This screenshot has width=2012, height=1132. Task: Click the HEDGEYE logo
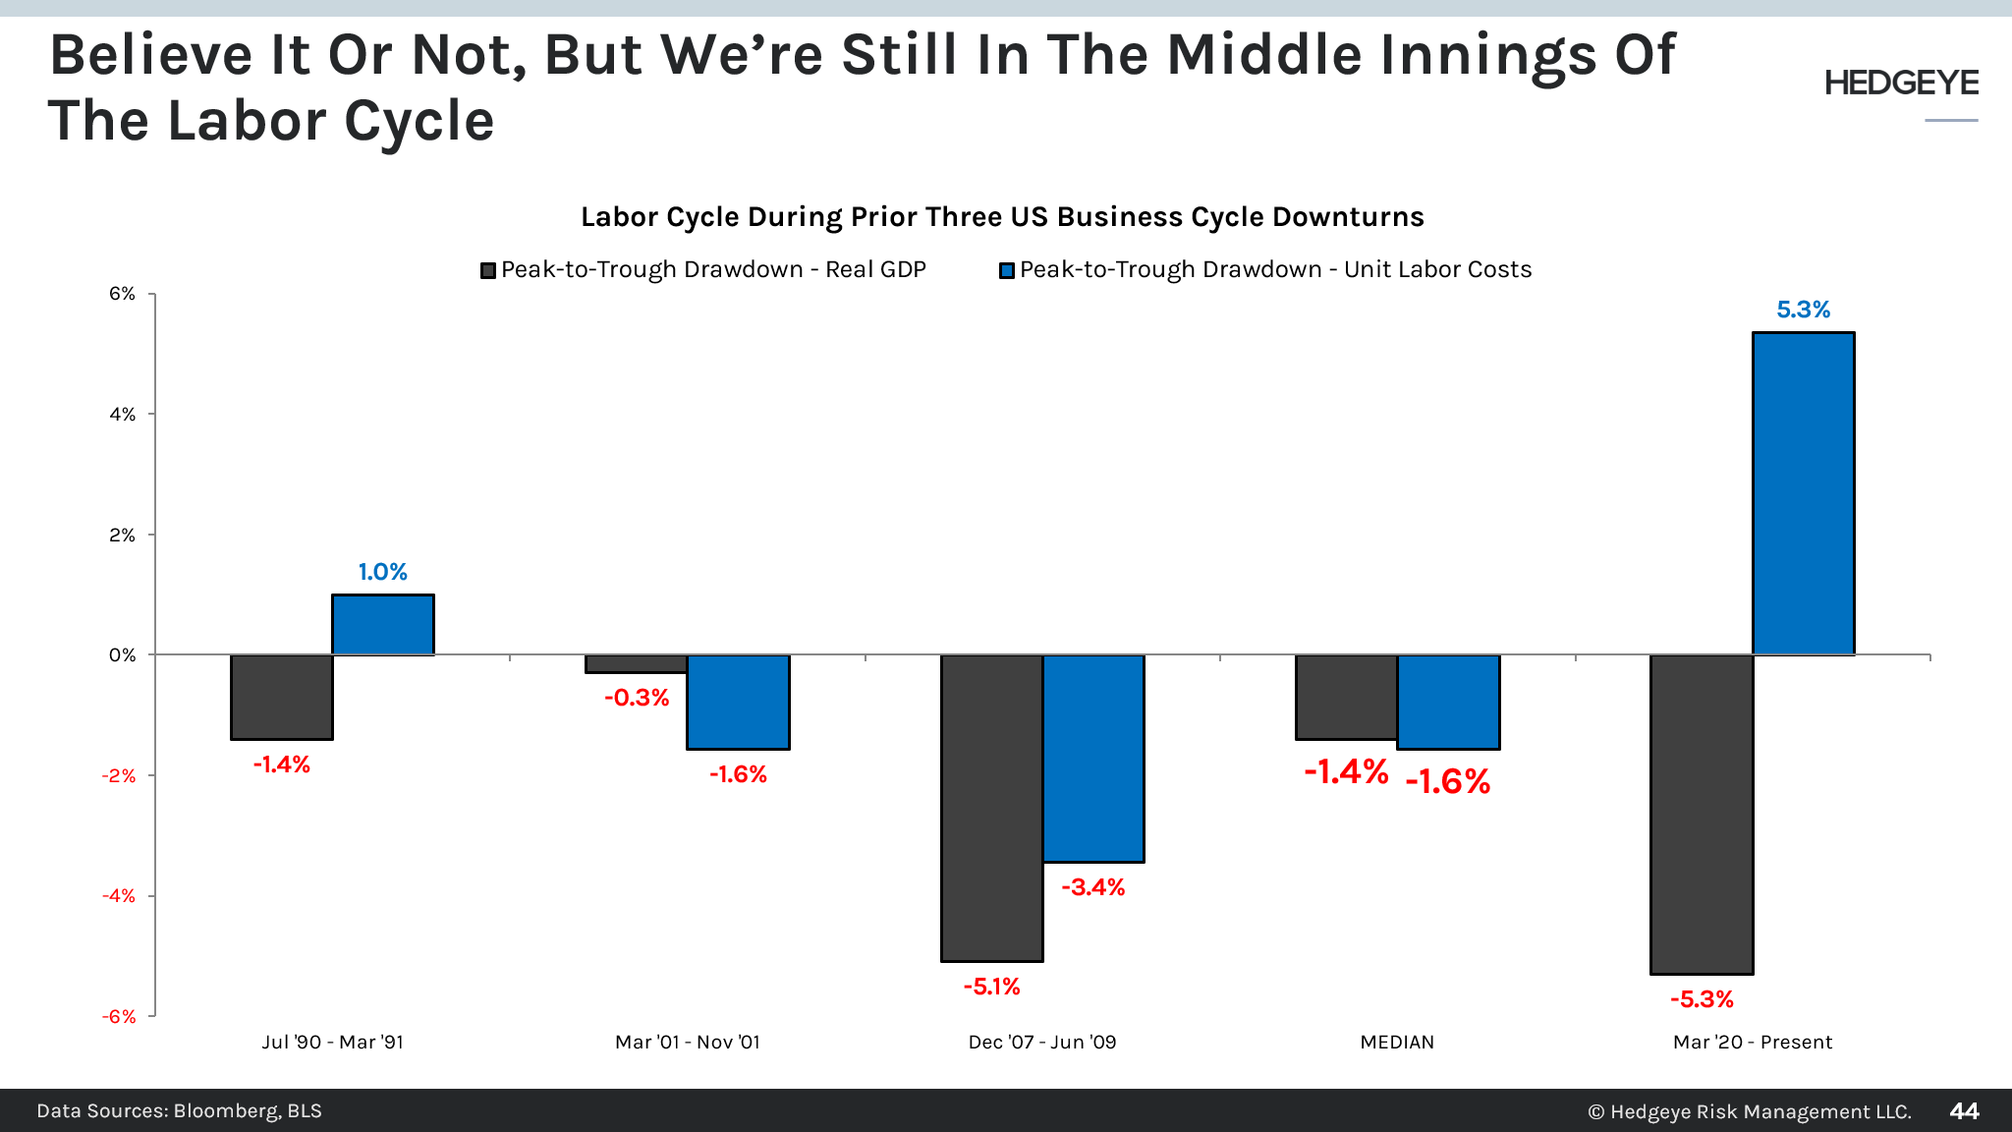pos(1901,84)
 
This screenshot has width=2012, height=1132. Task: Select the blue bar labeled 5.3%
pos(1803,493)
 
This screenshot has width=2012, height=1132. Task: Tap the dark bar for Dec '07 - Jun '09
pos(991,808)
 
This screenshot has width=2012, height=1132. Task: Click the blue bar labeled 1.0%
pos(382,625)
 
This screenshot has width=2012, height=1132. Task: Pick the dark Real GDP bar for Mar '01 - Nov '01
pos(636,664)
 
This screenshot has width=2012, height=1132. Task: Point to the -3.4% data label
pos(1092,887)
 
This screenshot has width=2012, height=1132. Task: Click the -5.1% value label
pos(991,987)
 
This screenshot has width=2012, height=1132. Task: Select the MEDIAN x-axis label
pos(1396,1042)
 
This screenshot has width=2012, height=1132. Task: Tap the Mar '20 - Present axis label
pos(1752,1042)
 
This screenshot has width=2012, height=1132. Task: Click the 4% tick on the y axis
pos(123,415)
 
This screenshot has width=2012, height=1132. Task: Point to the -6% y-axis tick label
pos(119,1016)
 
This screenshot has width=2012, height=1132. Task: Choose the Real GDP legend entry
pos(703,270)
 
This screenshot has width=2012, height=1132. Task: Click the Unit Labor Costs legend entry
pos(1265,270)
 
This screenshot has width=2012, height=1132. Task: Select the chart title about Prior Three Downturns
pos(1002,217)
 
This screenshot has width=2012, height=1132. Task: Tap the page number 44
pos(1963,1111)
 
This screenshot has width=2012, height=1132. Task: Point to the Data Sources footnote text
pos(179,1111)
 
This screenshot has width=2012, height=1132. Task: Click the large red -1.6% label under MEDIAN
pos(1447,782)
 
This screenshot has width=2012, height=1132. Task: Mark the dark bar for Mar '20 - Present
pos(1701,814)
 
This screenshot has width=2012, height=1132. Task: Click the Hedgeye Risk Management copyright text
pos(1749,1111)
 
